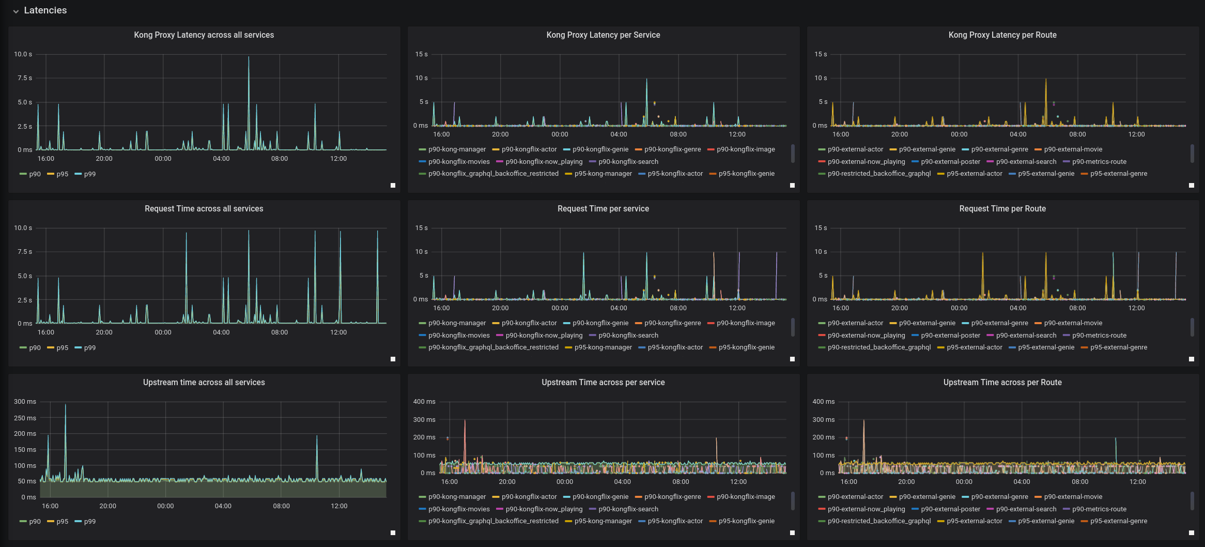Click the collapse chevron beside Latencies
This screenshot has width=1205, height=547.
pyautogui.click(x=16, y=11)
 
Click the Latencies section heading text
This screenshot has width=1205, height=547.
pyautogui.click(x=45, y=10)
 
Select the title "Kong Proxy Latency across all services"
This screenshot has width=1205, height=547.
pyautogui.click(x=204, y=35)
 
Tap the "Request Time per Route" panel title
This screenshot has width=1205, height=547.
pyautogui.click(x=1002, y=209)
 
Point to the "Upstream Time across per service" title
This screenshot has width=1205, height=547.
pyautogui.click(x=602, y=383)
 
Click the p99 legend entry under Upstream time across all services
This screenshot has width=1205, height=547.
pyautogui.click(x=89, y=522)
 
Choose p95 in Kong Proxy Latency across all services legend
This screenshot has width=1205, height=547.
pyautogui.click(x=62, y=174)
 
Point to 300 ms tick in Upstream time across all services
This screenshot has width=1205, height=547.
pyautogui.click(x=25, y=402)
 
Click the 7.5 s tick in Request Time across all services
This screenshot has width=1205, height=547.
pyautogui.click(x=25, y=252)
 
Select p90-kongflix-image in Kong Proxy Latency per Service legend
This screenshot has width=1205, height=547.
pyautogui.click(x=745, y=149)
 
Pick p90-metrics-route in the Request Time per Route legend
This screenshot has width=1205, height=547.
pyautogui.click(x=1099, y=336)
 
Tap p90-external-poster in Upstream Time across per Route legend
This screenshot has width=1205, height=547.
pyautogui.click(x=950, y=509)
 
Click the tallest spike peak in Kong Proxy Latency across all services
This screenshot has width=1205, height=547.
pyautogui.click(x=249, y=58)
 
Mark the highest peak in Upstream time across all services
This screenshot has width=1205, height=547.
pyautogui.click(x=65, y=405)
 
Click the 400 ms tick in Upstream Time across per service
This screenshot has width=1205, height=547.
pyautogui.click(x=424, y=402)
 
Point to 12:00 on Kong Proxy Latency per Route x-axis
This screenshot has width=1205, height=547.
pyautogui.click(x=1136, y=134)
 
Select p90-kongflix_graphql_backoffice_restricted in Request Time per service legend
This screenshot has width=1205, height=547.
pyautogui.click(x=493, y=347)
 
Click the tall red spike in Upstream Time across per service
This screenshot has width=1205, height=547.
pyautogui.click(x=465, y=421)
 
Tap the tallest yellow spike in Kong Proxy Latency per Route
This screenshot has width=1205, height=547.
pyautogui.click(x=1046, y=80)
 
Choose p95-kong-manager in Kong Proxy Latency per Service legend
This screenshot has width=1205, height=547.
pyautogui.click(x=602, y=174)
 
